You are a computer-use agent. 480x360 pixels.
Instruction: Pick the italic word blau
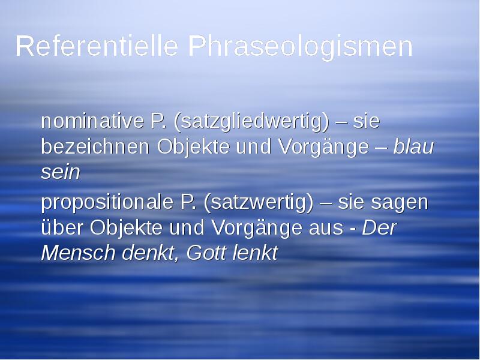click(413, 146)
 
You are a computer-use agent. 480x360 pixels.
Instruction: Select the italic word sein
click(60, 172)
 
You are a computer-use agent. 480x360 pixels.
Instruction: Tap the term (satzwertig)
click(259, 203)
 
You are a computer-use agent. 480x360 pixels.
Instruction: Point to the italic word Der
click(380, 228)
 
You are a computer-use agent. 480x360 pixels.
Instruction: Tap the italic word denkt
click(147, 253)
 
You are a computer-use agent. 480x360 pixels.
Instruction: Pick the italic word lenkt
click(254, 253)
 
